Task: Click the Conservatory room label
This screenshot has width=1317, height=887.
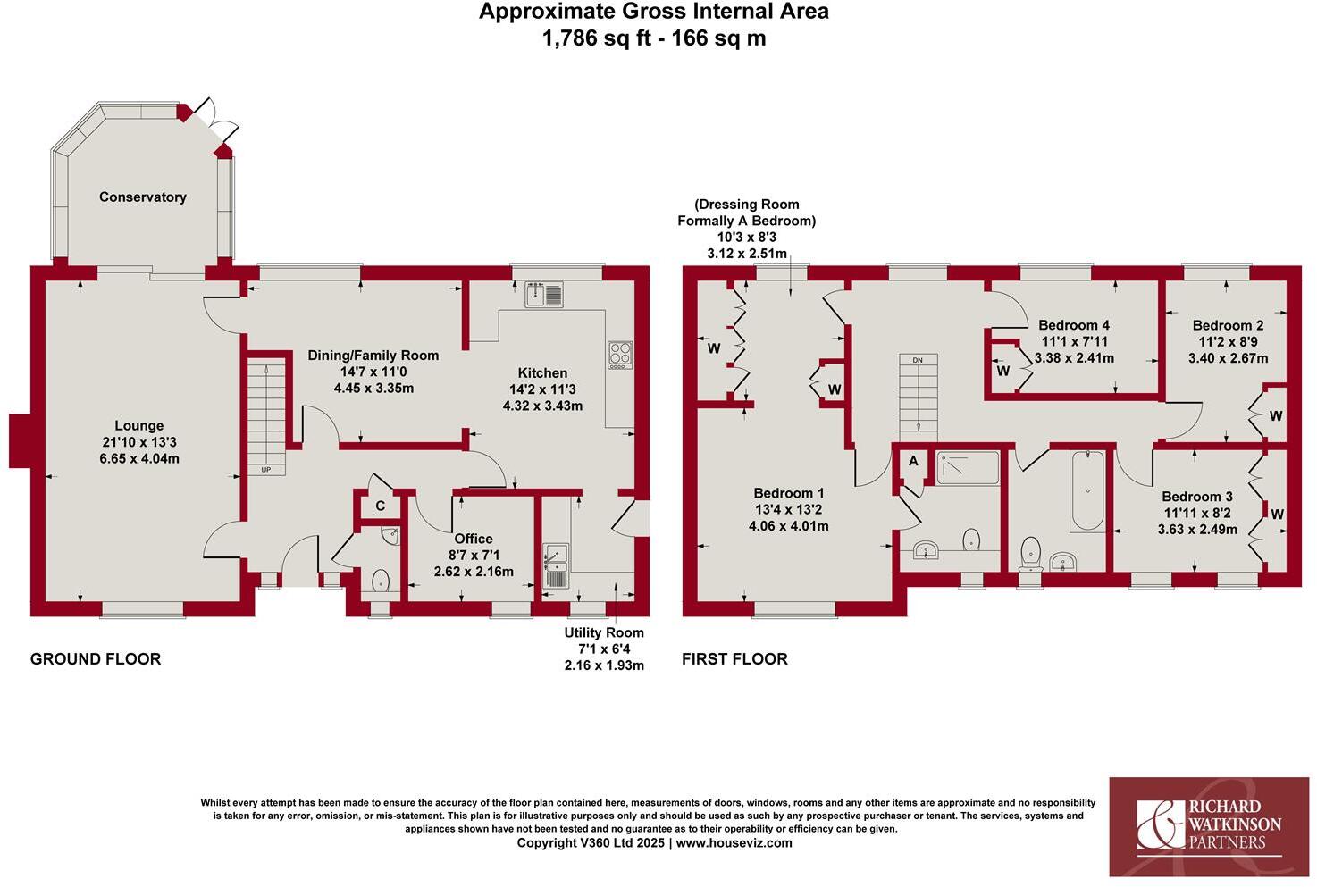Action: pyautogui.click(x=142, y=197)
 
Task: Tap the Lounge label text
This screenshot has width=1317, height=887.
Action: pyautogui.click(x=138, y=426)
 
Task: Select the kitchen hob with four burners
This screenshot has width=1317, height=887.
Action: pyautogui.click(x=619, y=355)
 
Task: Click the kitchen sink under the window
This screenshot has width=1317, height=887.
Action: pyautogui.click(x=544, y=294)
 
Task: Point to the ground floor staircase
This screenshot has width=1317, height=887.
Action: pyautogui.click(x=265, y=415)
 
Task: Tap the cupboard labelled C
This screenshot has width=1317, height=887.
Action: pyautogui.click(x=380, y=506)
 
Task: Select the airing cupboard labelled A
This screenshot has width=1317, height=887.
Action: pyautogui.click(x=913, y=462)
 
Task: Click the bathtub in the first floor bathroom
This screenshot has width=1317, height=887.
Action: pyautogui.click(x=1086, y=490)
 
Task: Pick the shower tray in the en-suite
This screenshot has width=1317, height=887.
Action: pyautogui.click(x=968, y=467)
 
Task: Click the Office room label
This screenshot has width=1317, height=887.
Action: pyautogui.click(x=474, y=539)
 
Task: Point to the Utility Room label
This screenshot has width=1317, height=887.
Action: pyautogui.click(x=604, y=632)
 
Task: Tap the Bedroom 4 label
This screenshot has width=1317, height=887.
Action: pyautogui.click(x=1074, y=325)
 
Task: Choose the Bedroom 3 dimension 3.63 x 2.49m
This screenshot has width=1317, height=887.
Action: pyautogui.click(x=1197, y=529)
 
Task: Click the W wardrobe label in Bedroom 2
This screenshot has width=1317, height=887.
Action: pyautogui.click(x=1275, y=416)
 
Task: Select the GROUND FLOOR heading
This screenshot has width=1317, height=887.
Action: pyautogui.click(x=96, y=659)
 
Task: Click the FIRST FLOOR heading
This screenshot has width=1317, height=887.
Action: pyautogui.click(x=734, y=659)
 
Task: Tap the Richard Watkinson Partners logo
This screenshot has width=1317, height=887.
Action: pyautogui.click(x=1210, y=826)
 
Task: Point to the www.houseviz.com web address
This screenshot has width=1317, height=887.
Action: pyautogui.click(x=734, y=842)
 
